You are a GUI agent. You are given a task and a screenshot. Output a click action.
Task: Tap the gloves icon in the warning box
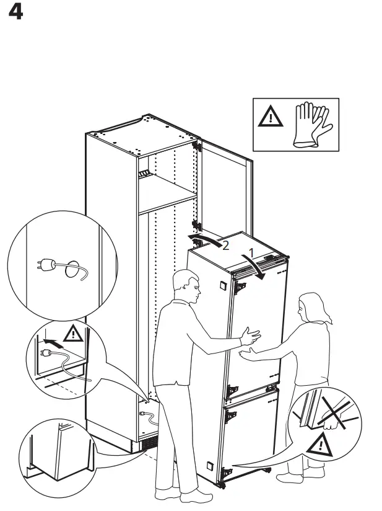click(x=313, y=125)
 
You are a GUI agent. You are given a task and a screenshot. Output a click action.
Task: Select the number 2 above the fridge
click(x=225, y=246)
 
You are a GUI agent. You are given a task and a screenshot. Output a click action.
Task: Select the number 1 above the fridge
click(x=251, y=253)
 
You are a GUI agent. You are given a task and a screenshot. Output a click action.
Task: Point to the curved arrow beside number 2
click(x=205, y=239)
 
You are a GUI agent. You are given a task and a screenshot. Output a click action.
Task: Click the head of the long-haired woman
click(x=310, y=309)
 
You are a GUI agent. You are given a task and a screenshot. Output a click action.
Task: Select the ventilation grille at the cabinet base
click(x=148, y=445)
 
